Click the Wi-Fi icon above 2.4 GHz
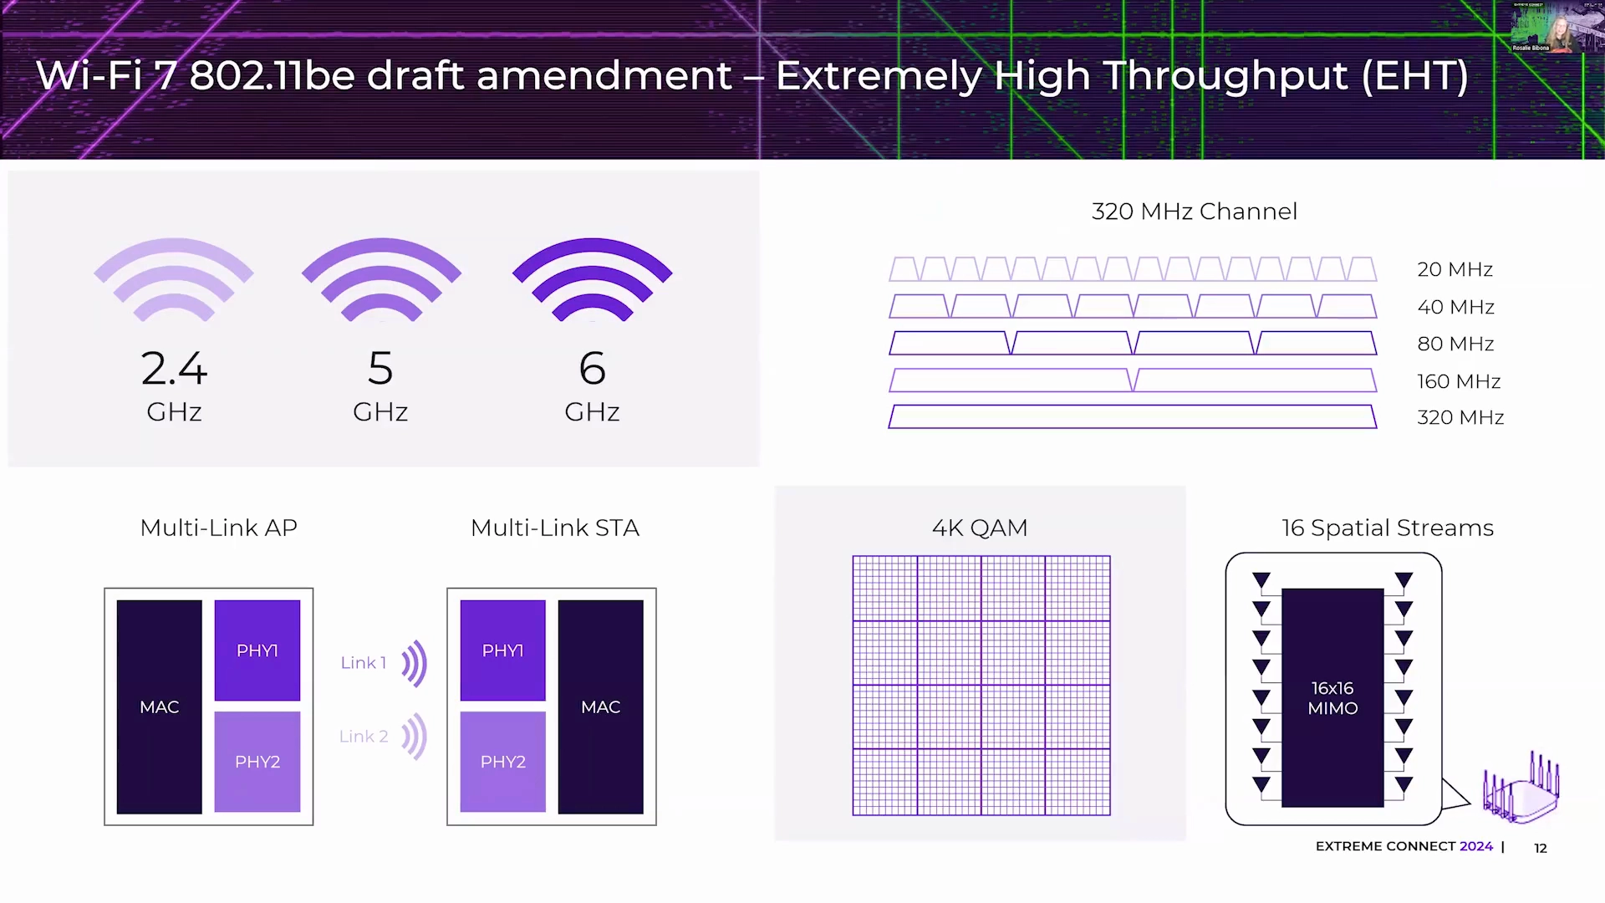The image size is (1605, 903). (x=174, y=279)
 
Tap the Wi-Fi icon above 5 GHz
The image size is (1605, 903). (x=381, y=279)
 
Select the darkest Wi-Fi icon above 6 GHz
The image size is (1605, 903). (x=592, y=279)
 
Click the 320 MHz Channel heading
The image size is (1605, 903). (x=1194, y=212)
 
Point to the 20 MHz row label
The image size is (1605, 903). (x=1455, y=269)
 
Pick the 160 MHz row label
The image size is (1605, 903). (x=1459, y=381)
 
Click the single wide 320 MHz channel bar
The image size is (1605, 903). (x=1132, y=416)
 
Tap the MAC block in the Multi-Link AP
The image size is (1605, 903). (x=160, y=707)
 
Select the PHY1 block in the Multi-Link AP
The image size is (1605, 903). (x=257, y=650)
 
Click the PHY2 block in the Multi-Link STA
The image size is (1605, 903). (x=502, y=762)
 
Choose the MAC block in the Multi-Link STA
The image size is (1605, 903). (x=601, y=707)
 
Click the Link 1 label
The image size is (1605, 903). (x=364, y=663)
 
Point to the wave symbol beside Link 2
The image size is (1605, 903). (x=415, y=737)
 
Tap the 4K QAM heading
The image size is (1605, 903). (x=980, y=528)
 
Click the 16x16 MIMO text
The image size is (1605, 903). (x=1332, y=698)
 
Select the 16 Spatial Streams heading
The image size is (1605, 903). (x=1388, y=528)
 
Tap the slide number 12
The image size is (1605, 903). (x=1541, y=848)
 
